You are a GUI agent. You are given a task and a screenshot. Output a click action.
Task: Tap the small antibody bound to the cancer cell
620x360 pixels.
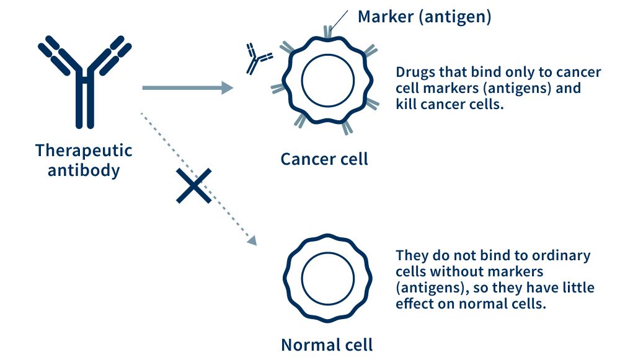[258, 59]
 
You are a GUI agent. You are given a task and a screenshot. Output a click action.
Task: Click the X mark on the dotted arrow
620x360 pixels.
[194, 185]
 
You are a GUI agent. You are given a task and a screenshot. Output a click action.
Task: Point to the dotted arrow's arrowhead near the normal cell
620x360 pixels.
[251, 240]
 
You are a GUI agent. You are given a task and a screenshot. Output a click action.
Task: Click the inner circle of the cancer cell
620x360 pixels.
[328, 82]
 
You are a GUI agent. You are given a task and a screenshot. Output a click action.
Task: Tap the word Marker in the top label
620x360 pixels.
[384, 17]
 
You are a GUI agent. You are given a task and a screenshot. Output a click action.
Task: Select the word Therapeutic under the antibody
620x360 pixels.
[84, 151]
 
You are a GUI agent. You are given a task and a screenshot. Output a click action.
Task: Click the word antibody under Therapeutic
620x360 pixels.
[84, 170]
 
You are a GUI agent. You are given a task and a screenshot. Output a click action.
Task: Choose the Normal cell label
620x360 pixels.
[327, 344]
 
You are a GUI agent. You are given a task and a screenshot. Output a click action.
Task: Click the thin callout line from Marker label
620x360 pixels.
[338, 23]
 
